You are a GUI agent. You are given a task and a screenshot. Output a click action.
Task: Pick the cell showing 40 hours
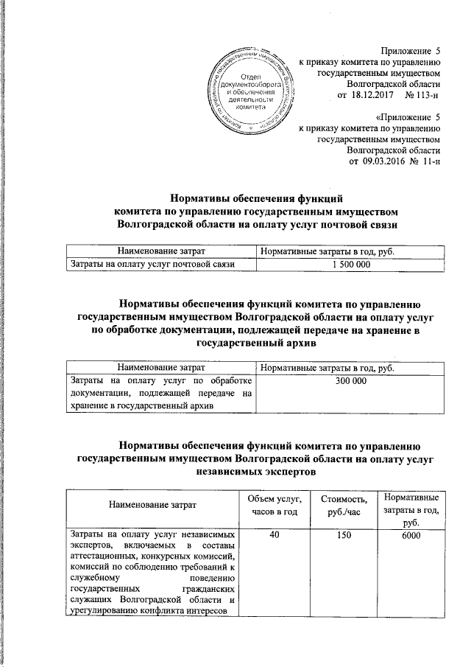(274, 534)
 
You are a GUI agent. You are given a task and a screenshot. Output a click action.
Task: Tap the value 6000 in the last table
(409, 534)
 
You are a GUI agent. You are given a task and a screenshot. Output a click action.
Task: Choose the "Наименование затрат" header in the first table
(152, 253)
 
